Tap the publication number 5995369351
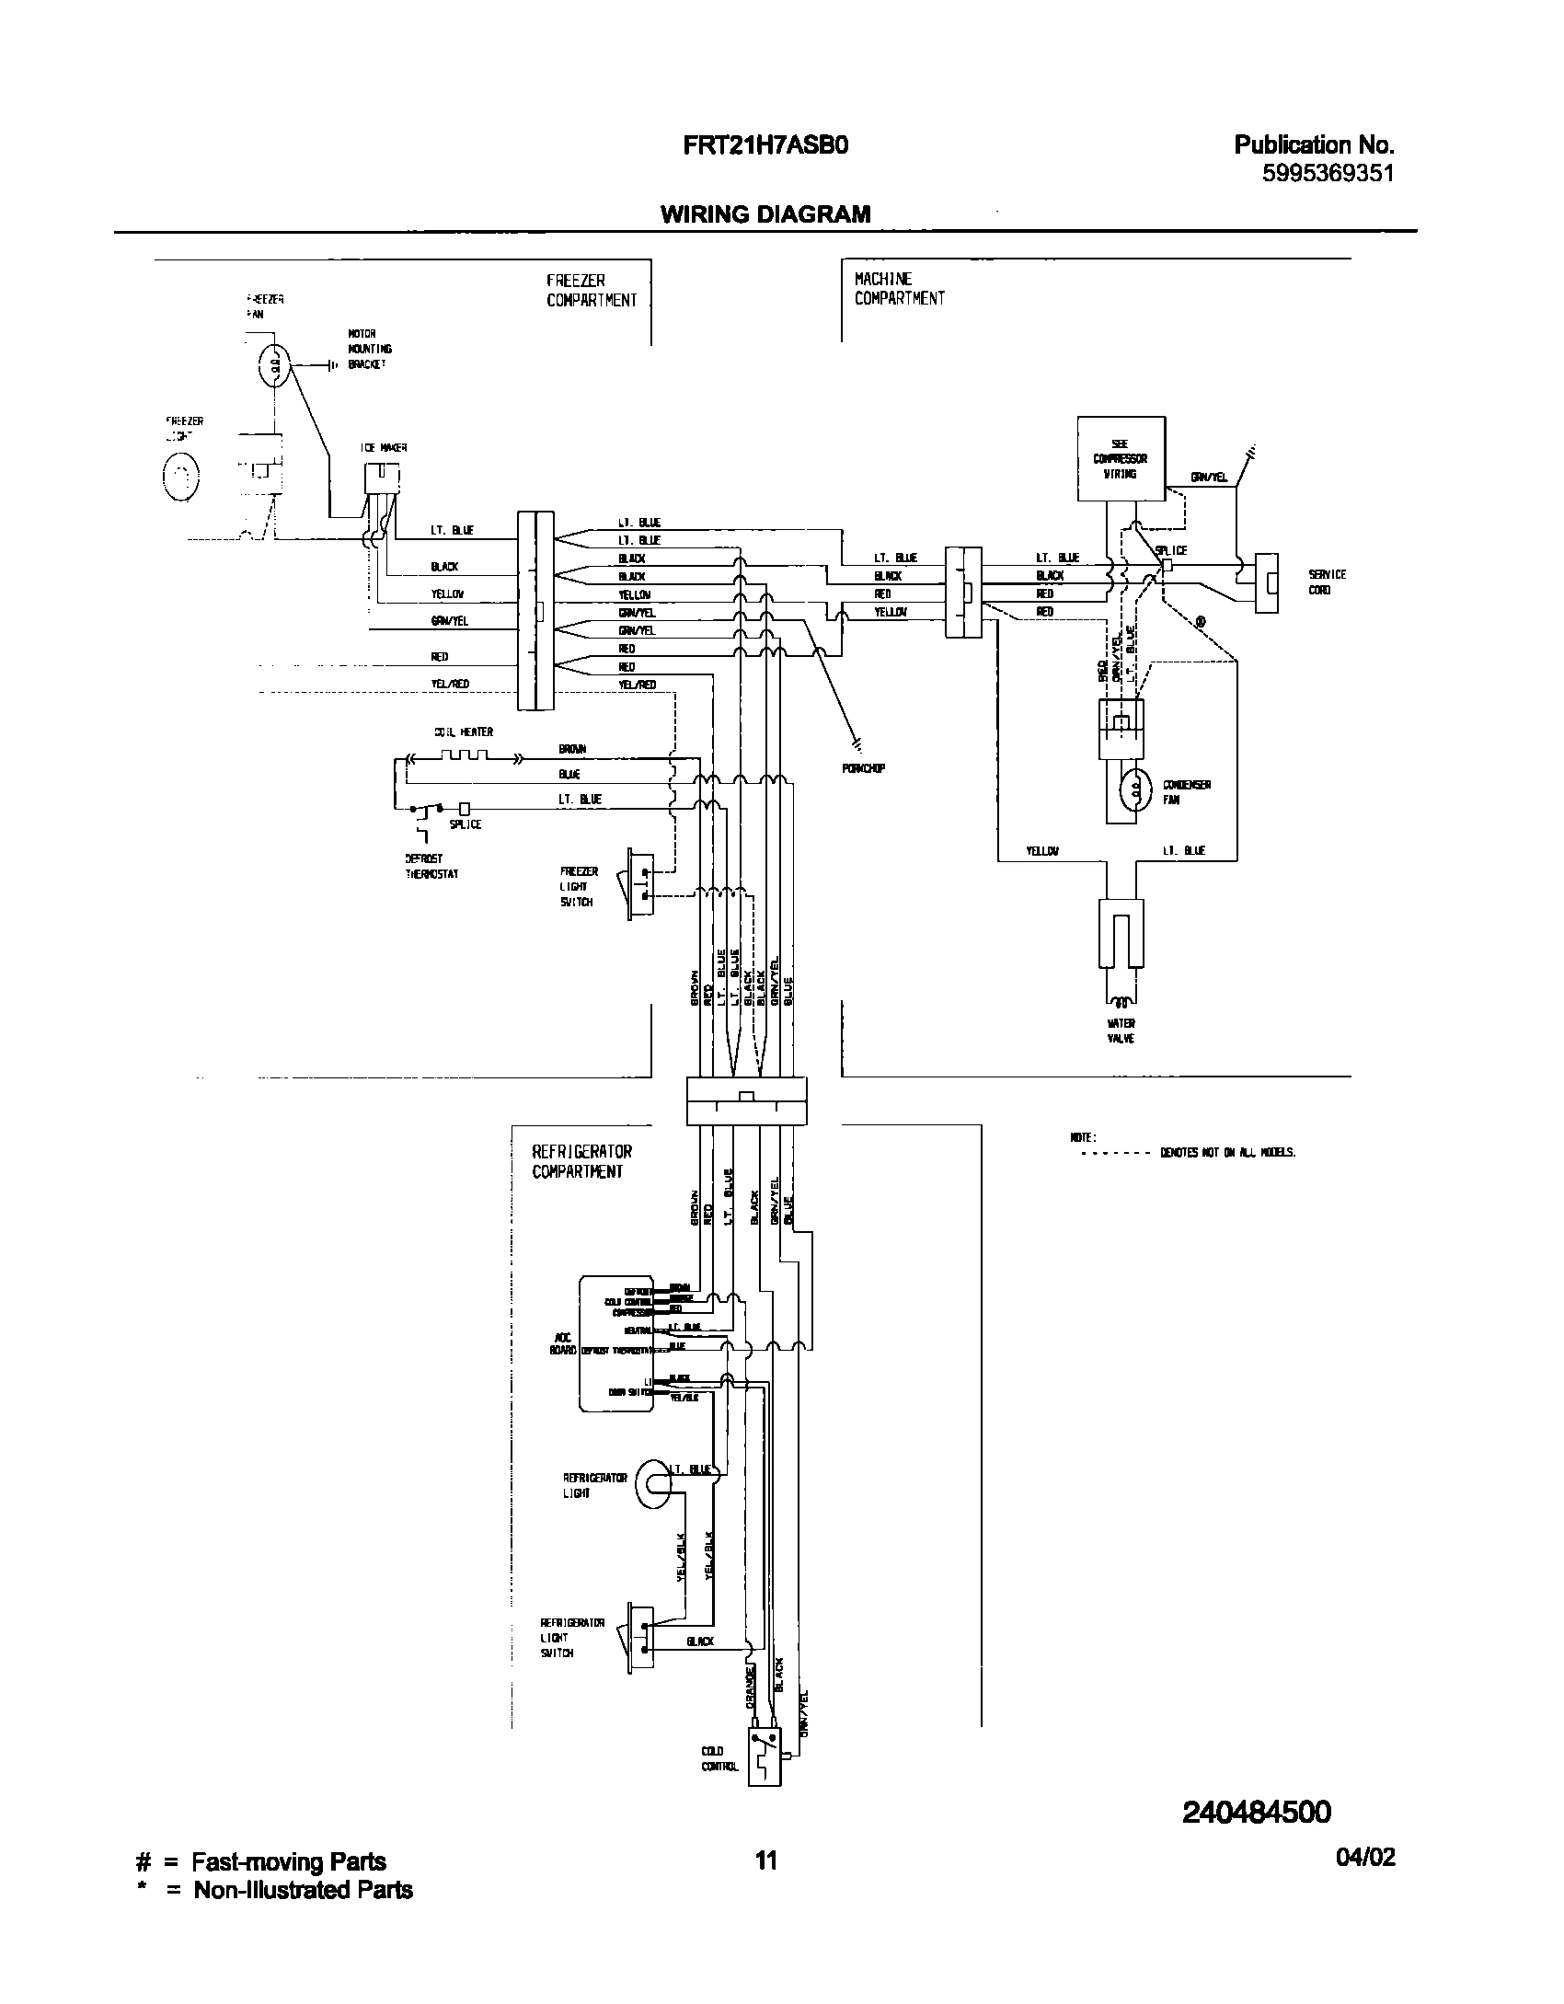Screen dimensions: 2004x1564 tap(1328, 172)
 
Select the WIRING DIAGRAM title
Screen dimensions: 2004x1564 tap(765, 214)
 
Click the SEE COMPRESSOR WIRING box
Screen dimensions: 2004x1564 tap(1121, 458)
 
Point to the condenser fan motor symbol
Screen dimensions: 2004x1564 tap(1135, 789)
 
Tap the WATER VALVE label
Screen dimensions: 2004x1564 tap(1121, 1031)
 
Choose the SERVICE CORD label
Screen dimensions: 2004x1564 tap(1327, 582)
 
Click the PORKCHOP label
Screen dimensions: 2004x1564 tap(863, 768)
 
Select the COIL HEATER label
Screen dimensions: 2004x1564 tap(464, 731)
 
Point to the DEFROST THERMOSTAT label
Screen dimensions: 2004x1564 tap(431, 866)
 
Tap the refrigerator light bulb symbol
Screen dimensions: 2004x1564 tap(654, 1485)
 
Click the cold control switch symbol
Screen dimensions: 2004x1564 tap(764, 1760)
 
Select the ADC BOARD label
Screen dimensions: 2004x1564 tap(562, 1343)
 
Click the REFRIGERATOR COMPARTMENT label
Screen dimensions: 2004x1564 tap(582, 1161)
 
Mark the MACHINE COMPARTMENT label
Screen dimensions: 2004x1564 tap(899, 288)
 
